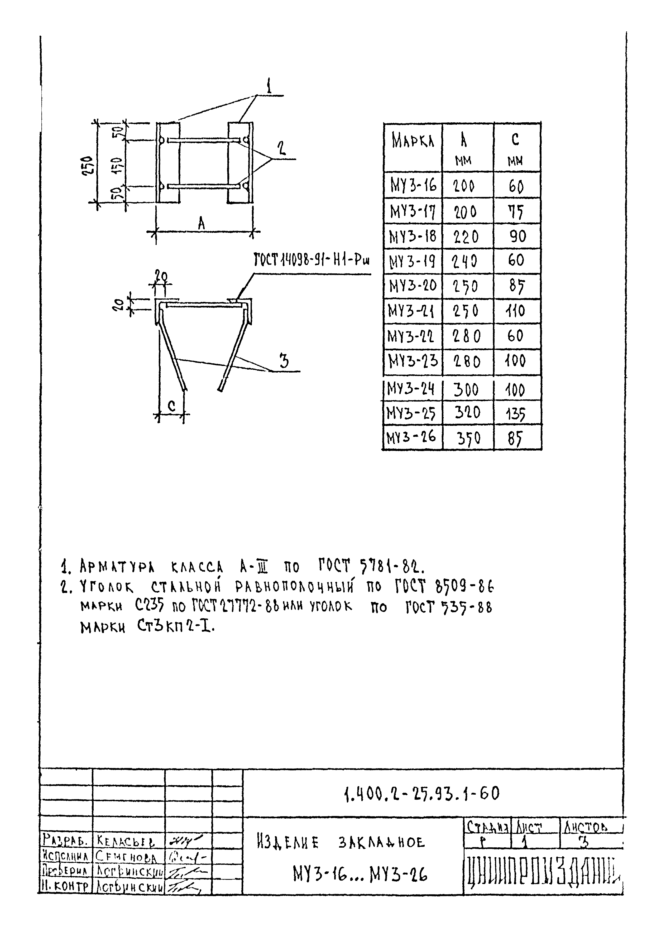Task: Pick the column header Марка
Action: (413, 142)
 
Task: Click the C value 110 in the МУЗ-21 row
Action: (515, 311)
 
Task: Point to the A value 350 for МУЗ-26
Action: (468, 438)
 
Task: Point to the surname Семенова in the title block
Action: (126, 857)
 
